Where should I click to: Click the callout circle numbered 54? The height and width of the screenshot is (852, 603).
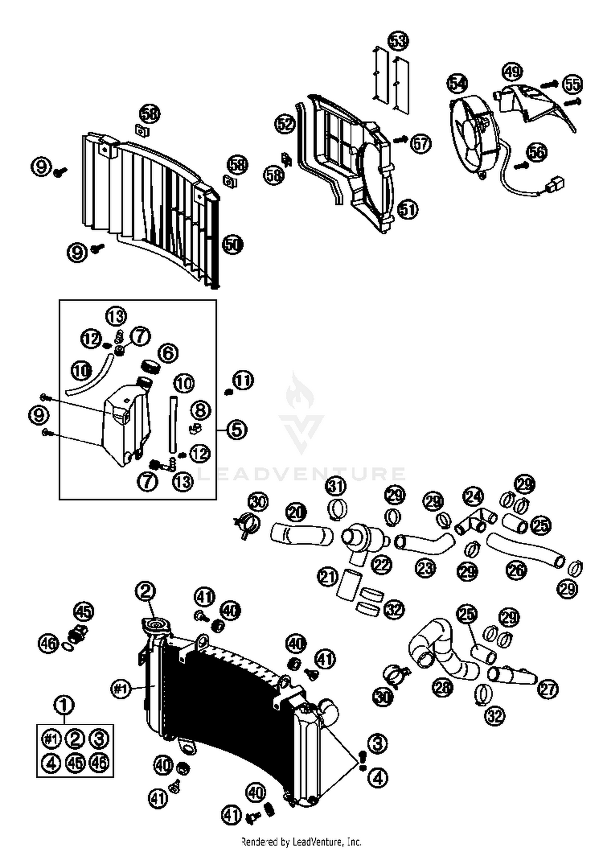457,84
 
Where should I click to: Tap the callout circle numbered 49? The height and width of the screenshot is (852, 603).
512,72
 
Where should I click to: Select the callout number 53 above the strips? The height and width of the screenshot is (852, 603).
398,41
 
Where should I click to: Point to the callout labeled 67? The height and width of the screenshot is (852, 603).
420,143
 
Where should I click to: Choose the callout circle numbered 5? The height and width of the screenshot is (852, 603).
237,430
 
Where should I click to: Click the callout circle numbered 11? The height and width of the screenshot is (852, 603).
244,381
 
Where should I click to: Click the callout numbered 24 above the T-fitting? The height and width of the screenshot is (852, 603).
473,496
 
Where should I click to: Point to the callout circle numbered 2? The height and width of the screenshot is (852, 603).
146,591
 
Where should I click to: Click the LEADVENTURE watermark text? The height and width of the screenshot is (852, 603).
301,473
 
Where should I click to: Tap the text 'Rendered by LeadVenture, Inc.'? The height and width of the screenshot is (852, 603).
301,841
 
